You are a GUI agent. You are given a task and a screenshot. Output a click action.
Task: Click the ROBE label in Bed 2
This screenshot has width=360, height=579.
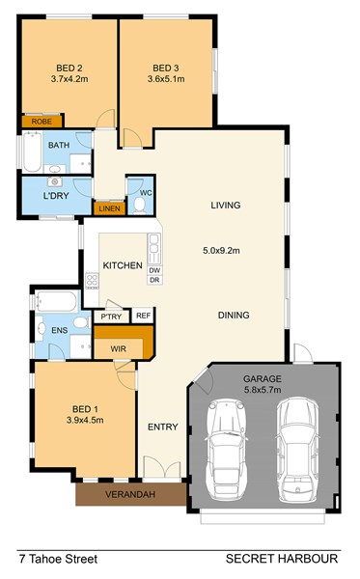[x=42, y=122]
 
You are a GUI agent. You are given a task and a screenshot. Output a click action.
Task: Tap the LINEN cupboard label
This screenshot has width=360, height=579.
[x=109, y=208]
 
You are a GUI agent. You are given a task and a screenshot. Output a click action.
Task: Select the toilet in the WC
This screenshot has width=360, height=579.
[x=140, y=206]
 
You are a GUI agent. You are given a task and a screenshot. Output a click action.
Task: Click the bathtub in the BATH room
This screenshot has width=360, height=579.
[x=33, y=152]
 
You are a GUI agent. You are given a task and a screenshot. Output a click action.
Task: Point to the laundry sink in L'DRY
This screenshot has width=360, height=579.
[x=55, y=182]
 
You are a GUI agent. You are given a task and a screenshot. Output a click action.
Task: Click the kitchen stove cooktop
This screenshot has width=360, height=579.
[x=92, y=281]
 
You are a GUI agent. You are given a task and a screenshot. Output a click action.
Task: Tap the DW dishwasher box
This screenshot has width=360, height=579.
[x=155, y=270]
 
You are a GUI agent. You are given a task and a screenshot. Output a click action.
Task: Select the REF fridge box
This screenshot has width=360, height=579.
[x=143, y=316]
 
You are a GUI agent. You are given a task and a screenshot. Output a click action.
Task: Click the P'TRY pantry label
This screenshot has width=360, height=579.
[x=111, y=317]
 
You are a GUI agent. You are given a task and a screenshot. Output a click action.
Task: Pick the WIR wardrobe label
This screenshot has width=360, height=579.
[x=118, y=348]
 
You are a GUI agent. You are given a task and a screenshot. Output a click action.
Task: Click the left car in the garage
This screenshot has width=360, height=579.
[x=226, y=449]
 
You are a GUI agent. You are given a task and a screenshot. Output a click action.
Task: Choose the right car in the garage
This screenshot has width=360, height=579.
[x=297, y=449]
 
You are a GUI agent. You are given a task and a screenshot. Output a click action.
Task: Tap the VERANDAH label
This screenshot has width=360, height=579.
[x=130, y=494]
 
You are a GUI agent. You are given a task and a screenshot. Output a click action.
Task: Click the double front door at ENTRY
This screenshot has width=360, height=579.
[x=162, y=467]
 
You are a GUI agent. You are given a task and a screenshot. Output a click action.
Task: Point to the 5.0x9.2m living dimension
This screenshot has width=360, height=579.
[x=221, y=251]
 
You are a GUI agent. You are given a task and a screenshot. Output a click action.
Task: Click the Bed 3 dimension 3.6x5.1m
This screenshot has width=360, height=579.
[x=166, y=79]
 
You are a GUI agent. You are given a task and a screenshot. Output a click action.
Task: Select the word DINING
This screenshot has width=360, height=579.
[x=234, y=315]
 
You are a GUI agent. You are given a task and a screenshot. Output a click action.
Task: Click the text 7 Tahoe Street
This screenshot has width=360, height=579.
[x=58, y=559]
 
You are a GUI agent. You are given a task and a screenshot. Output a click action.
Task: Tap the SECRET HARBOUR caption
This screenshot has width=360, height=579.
[x=282, y=559]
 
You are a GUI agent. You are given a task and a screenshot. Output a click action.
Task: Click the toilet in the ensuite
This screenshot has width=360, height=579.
[x=82, y=322]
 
